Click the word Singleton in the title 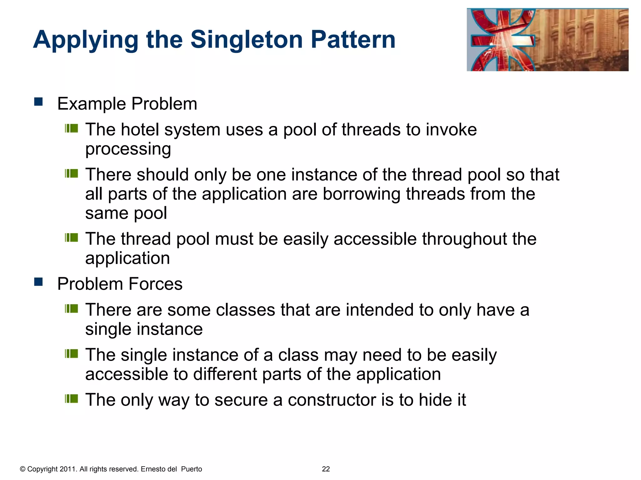[247, 40]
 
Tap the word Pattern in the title [353, 40]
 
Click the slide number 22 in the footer [326, 469]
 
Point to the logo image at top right [547, 40]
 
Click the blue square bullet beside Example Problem [38, 102]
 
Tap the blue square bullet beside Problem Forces [38, 282]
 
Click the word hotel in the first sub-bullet [140, 130]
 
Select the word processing [128, 149]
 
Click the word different [225, 374]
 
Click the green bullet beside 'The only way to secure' [71, 399]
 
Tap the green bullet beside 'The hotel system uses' [71, 128]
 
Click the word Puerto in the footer [192, 469]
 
